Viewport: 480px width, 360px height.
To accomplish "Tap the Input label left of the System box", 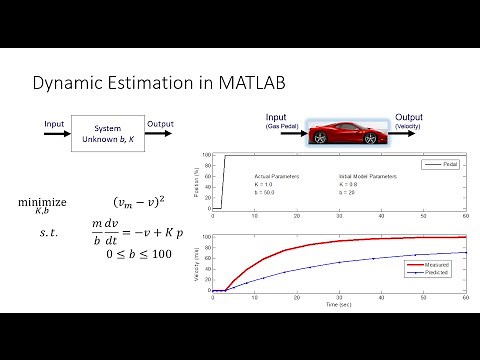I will [x=55, y=124].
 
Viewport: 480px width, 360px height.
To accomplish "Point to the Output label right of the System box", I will [x=159, y=124].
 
